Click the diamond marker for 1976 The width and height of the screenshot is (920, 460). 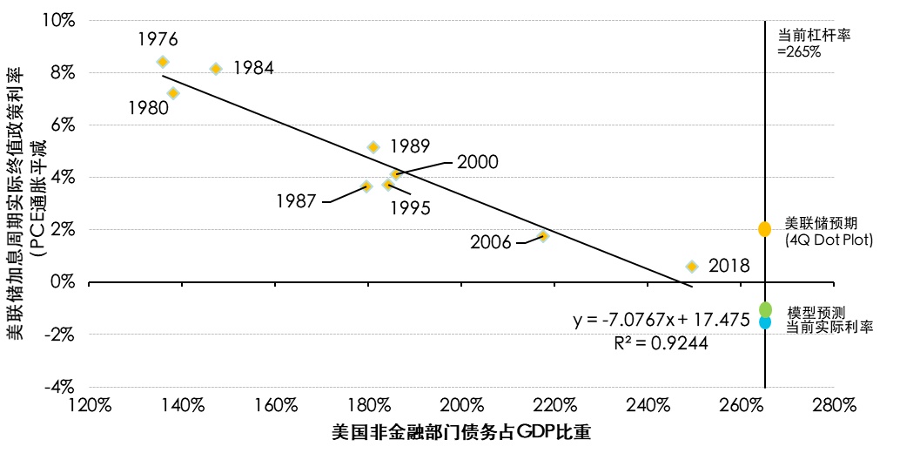[163, 62]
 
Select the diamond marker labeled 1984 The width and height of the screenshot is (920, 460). [216, 69]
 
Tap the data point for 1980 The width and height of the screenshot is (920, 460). [173, 93]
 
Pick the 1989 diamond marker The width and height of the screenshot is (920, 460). [373, 147]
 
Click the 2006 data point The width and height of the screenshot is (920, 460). [543, 236]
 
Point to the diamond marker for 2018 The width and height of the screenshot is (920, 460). [692, 267]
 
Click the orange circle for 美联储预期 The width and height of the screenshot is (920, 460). [765, 229]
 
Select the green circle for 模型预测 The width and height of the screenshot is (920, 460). [765, 309]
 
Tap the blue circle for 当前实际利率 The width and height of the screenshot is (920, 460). [765, 322]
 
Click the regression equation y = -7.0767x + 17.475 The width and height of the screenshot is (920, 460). [661, 320]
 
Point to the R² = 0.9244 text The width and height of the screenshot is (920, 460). [661, 343]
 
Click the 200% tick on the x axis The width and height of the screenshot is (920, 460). [461, 406]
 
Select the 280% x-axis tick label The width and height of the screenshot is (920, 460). [833, 406]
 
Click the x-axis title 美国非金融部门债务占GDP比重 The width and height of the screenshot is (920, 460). [461, 433]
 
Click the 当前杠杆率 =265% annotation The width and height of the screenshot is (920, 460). [813, 44]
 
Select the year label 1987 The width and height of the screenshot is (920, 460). [297, 201]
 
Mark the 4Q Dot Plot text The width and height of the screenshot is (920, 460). [829, 240]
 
